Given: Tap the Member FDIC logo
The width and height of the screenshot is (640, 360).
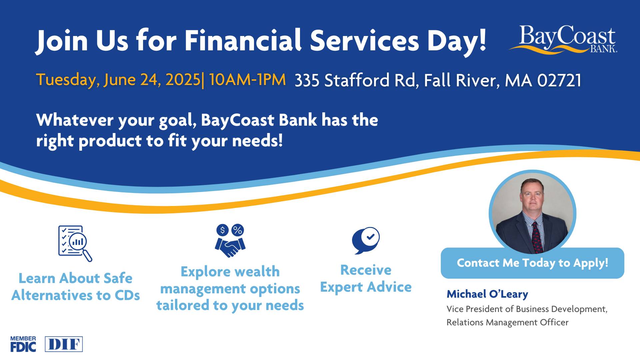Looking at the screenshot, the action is tap(23, 344).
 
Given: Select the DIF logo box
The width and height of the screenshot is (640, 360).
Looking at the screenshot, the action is tap(64, 344).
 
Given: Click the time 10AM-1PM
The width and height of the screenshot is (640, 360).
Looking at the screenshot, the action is tap(247, 80).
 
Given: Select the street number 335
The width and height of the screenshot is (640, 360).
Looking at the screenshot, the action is tap(306, 80).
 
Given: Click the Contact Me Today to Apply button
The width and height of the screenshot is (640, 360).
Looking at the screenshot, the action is tap(532, 263).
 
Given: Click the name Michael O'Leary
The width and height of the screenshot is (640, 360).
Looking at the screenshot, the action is tap(487, 294).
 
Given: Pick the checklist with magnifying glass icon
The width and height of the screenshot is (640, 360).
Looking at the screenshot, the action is tap(75, 243).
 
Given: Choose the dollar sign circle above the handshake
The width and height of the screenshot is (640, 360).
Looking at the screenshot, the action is tap(222, 230).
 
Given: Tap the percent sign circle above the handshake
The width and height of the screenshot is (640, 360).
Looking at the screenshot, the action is tap(238, 230).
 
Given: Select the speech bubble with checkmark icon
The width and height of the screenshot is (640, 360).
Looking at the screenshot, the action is tap(366, 241).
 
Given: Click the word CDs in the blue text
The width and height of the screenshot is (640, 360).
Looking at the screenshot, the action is tap(127, 295).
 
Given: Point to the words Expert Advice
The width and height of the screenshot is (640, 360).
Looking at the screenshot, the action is tap(366, 287).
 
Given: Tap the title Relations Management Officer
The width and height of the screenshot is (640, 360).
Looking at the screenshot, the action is tap(507, 322).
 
